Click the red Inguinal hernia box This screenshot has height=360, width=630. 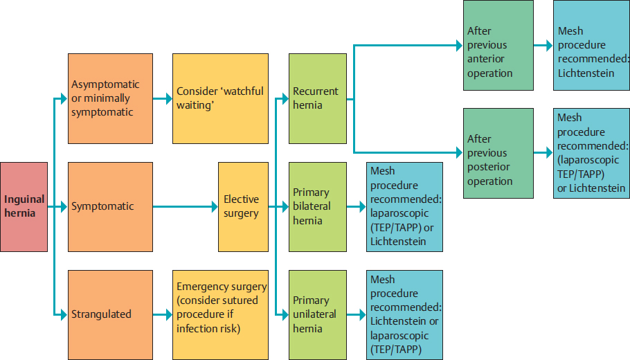point(24,206)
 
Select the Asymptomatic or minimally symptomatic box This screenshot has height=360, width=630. point(110,98)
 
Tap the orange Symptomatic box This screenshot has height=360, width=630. point(110,206)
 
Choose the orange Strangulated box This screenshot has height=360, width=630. point(110,314)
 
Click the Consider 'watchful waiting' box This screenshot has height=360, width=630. point(220,98)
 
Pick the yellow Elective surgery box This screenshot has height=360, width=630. point(242,206)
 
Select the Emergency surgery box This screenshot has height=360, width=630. point(220,314)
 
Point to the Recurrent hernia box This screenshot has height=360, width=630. point(317,98)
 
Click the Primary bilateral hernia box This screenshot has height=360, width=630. point(317,206)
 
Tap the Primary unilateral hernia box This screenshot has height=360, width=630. point(317,314)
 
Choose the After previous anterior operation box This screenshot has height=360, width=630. point(498,45)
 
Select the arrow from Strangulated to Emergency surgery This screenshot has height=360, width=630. point(163,314)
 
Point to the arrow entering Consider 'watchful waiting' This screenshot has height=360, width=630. point(163,98)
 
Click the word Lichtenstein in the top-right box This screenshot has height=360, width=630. point(586,73)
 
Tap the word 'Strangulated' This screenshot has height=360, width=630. point(101,314)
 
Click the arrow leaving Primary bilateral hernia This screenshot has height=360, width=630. point(356,206)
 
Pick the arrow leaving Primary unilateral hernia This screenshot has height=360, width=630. point(356,314)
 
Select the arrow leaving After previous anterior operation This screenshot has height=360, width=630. point(543,45)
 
